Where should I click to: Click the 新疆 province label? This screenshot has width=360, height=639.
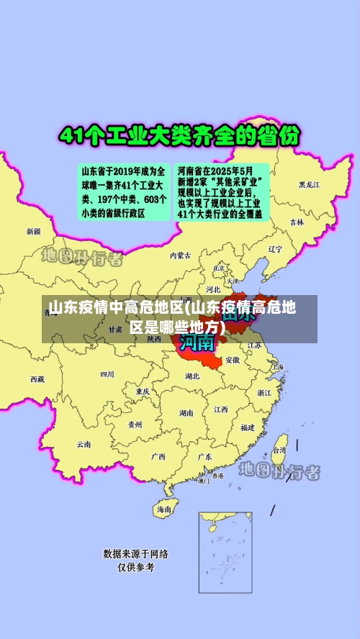click(34, 232)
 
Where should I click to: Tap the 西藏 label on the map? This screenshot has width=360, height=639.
click(37, 379)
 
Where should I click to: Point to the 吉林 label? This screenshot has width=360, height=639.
click(297, 223)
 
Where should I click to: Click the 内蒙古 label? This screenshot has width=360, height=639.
click(181, 255)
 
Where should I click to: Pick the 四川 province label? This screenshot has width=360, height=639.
click(107, 374)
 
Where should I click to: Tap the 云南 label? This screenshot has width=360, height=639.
click(84, 444)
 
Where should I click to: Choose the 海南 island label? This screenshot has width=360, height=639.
click(164, 509)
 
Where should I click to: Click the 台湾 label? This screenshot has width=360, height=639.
click(279, 450)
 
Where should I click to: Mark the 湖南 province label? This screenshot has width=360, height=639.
click(186, 413)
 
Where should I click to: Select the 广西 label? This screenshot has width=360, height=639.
click(158, 456)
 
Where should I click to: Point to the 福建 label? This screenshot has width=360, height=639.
click(248, 427)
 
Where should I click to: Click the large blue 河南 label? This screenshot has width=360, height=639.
click(197, 341)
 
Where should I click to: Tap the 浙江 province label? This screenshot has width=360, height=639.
click(264, 393)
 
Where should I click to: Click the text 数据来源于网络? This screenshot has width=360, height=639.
click(136, 554)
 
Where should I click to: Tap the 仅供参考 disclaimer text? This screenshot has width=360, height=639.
click(136, 567)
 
